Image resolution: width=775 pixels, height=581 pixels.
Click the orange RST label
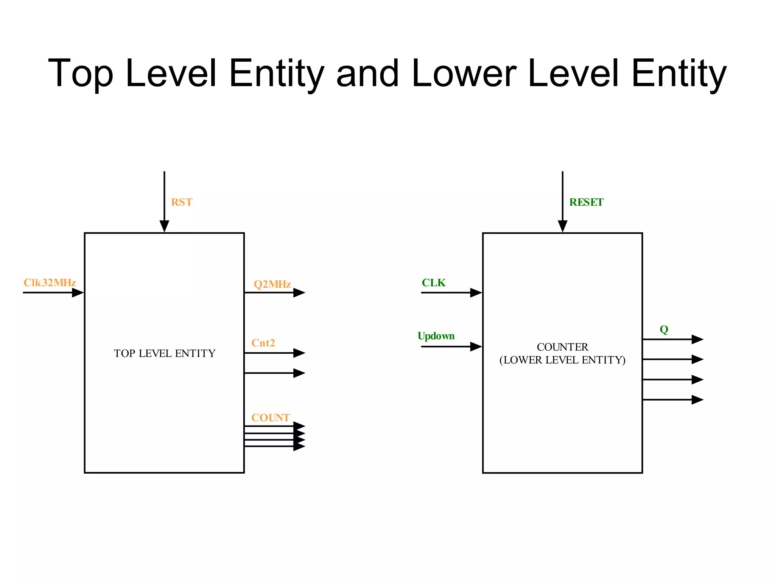pyautogui.click(x=182, y=202)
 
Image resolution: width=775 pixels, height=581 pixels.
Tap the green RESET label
pyautogui.click(x=586, y=202)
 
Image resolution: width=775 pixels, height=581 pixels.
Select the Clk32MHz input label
pyautogui.click(x=50, y=283)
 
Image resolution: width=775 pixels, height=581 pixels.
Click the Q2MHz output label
pyautogui.click(x=272, y=284)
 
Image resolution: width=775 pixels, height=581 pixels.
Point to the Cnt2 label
pyautogui.click(x=263, y=343)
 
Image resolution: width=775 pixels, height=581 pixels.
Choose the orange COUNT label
pyautogui.click(x=271, y=418)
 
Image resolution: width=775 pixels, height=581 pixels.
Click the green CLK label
pyautogui.click(x=434, y=283)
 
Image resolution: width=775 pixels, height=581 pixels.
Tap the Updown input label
pyautogui.click(x=436, y=336)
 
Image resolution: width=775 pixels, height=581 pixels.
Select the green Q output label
pyautogui.click(x=664, y=329)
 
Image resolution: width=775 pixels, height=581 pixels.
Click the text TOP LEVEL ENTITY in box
pyautogui.click(x=165, y=353)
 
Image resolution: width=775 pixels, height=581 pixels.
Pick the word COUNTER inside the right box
pyautogui.click(x=562, y=347)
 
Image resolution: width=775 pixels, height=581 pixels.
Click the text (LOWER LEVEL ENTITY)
pyautogui.click(x=562, y=360)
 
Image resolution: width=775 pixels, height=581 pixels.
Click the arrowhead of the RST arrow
pyautogui.click(x=164, y=227)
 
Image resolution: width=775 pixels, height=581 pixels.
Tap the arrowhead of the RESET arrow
pyautogui.click(x=562, y=227)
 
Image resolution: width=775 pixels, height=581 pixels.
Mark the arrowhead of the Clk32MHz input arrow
pyautogui.click(x=78, y=292)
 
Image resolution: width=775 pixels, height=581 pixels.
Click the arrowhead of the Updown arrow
pyautogui.click(x=476, y=346)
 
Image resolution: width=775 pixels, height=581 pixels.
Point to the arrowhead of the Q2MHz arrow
pyautogui.click(x=299, y=292)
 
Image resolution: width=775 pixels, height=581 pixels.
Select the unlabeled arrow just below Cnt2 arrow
pyautogui.click(x=274, y=373)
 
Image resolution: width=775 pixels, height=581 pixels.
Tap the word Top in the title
pyautogui.click(x=81, y=74)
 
